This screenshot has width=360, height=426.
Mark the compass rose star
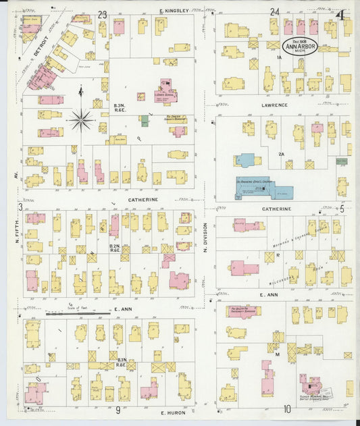click(x=81, y=120)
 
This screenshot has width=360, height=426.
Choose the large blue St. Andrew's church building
click(x=263, y=186)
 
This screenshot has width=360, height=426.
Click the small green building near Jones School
click(x=144, y=120)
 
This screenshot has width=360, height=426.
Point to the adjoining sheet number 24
click(x=274, y=12)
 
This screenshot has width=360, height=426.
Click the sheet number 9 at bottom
click(x=117, y=409)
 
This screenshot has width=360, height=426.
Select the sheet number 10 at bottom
click(x=287, y=408)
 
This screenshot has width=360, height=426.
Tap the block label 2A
click(x=282, y=154)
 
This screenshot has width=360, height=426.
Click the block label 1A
click(x=278, y=57)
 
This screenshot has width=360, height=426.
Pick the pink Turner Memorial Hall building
click(x=313, y=388)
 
